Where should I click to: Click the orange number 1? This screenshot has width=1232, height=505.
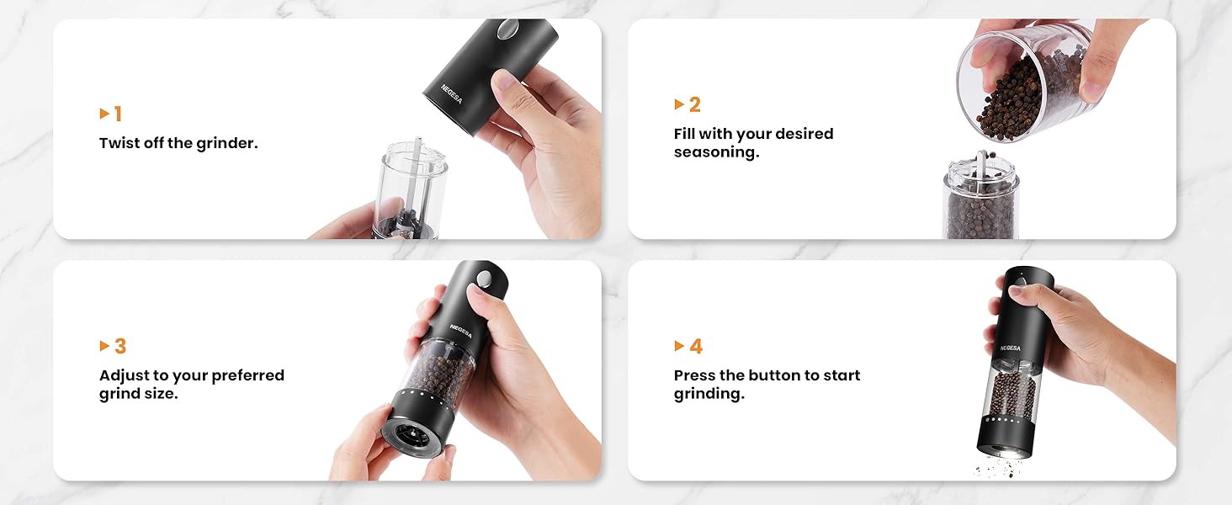tap(118, 114)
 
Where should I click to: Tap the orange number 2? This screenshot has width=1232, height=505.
tap(694, 104)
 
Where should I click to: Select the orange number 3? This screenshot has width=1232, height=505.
tap(119, 346)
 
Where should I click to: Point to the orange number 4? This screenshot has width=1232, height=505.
tap(696, 346)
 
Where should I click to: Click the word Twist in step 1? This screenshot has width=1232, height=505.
tap(119, 143)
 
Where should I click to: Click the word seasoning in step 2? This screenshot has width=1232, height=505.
tap(716, 152)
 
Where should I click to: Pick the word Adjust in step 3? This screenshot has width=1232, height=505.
tap(124, 375)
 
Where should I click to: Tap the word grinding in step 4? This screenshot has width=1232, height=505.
tap(709, 394)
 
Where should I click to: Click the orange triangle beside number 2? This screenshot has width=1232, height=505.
tap(679, 104)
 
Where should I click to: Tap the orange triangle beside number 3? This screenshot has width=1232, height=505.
tap(104, 346)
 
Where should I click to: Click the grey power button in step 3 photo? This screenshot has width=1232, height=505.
tap(484, 279)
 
